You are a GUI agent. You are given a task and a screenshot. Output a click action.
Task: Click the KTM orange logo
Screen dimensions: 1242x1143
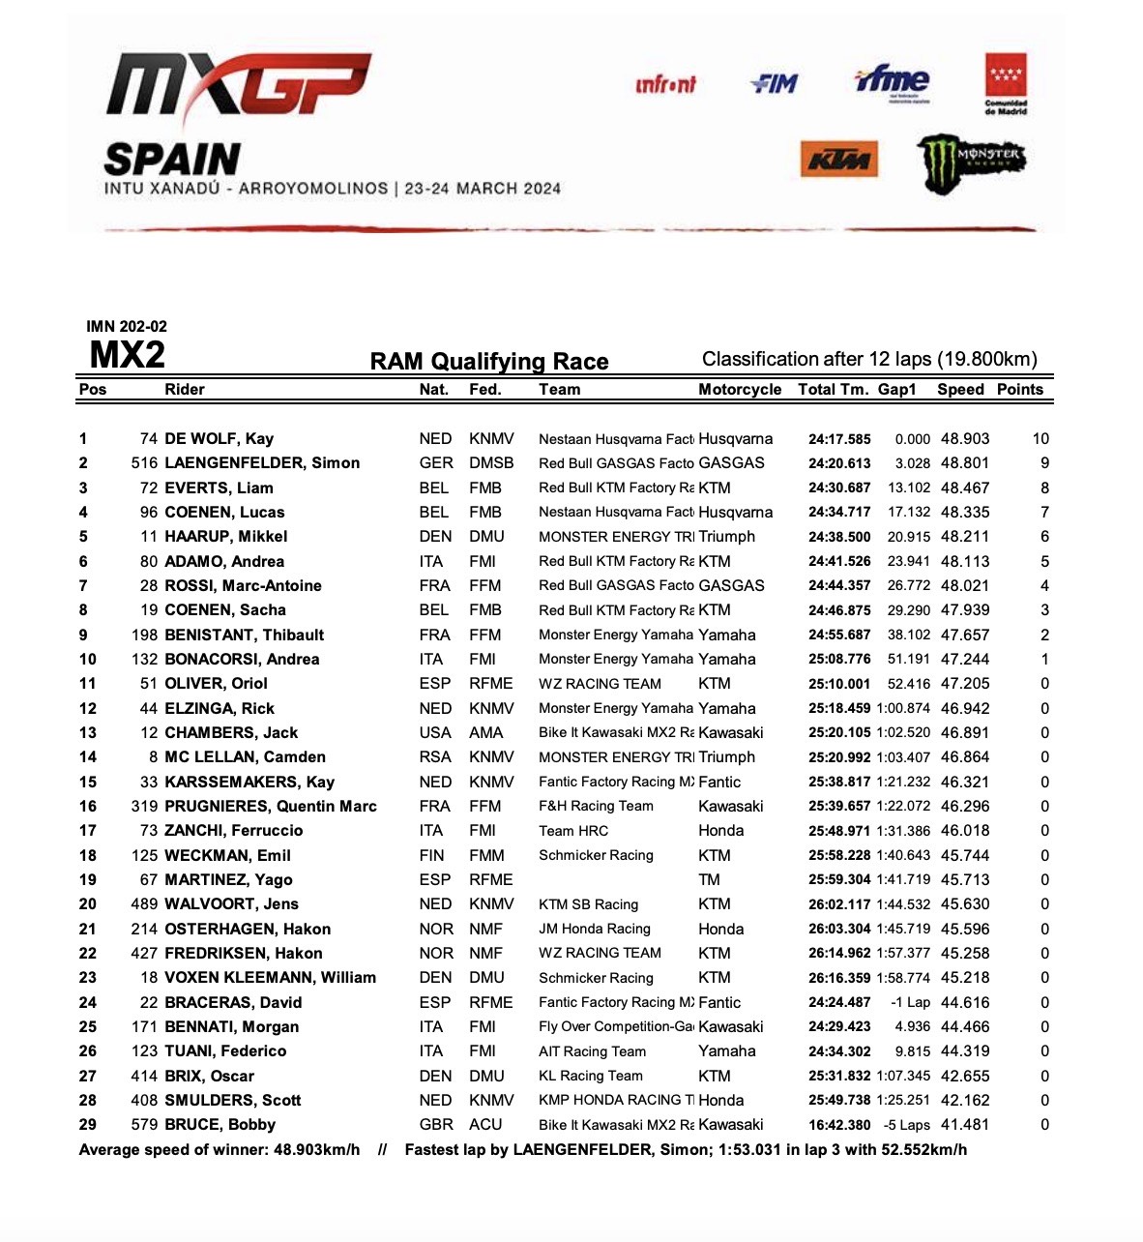pos(839,161)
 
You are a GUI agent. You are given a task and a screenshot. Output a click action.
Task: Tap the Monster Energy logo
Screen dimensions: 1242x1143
pos(970,161)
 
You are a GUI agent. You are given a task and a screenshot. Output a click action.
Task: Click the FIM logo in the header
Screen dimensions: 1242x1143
pos(775,84)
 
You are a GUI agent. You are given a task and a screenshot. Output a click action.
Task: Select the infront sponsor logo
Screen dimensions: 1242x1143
pos(665,85)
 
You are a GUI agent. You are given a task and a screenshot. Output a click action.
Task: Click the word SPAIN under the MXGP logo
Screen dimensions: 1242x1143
pos(172,160)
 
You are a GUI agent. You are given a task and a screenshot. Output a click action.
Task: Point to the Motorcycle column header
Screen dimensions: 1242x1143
pos(740,390)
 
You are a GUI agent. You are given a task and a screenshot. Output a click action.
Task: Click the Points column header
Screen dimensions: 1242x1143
pos(1020,390)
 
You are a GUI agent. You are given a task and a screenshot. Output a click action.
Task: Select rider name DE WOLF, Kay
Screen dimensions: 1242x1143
pos(219,439)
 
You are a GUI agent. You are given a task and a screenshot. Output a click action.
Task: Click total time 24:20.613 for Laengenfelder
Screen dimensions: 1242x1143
pos(839,463)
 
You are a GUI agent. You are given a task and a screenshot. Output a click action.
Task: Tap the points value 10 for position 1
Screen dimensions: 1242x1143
pos(1040,439)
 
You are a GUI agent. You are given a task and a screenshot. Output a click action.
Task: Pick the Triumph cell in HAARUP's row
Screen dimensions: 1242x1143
pos(726,537)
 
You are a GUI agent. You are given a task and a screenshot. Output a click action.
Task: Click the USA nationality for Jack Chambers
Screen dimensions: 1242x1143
pos(435,733)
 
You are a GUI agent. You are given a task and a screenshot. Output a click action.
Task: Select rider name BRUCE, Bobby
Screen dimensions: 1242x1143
pos(220,1125)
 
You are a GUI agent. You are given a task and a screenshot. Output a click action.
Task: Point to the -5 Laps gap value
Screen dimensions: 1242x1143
pos(906,1125)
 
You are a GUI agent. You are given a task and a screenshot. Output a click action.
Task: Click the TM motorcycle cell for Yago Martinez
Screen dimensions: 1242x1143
pos(709,880)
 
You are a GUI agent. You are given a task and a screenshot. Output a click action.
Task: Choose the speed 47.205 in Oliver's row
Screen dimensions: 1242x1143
pos(965,684)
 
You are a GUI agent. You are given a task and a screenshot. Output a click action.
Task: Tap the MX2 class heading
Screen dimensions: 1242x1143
pos(127,356)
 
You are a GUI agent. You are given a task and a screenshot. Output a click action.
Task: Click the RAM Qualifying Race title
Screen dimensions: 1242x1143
pos(489,362)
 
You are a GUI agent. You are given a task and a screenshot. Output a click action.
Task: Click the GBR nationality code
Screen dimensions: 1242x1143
pos(436,1125)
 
